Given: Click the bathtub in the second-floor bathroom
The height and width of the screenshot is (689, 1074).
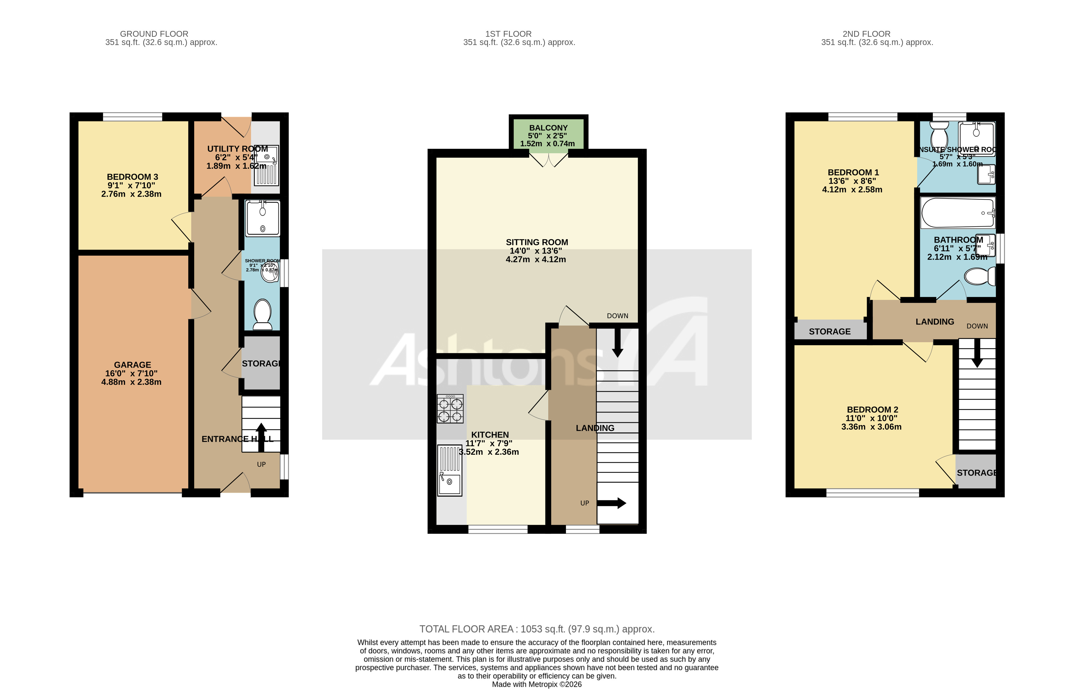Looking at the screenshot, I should [957, 213].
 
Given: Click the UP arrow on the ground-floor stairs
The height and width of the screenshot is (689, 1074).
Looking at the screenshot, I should [261, 436].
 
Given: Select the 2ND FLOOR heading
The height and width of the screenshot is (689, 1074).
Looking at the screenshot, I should [866, 34].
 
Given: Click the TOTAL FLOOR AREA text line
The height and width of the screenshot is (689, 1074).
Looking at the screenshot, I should [537, 629].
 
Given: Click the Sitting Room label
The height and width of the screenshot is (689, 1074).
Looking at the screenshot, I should [537, 242].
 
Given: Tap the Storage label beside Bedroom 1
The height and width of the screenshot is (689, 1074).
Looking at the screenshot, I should [829, 332].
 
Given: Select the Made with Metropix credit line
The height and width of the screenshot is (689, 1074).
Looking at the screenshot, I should [537, 684].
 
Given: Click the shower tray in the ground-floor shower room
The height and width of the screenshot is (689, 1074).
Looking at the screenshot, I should [262, 218].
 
